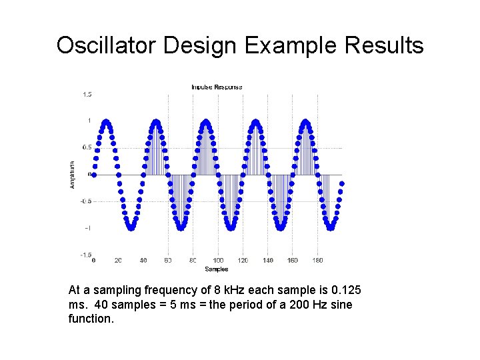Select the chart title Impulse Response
pyautogui.click(x=217, y=87)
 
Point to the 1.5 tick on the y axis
pyautogui.click(x=87, y=95)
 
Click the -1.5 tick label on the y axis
pyautogui.click(x=86, y=255)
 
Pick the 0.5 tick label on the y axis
pyautogui.click(x=87, y=147)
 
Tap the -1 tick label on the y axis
pyautogui.click(x=88, y=228)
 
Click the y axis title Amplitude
pyautogui.click(x=72, y=174)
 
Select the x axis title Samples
pyautogui.click(x=217, y=269)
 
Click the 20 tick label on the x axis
pyautogui.click(x=118, y=261)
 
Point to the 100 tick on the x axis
pyautogui.click(x=218, y=261)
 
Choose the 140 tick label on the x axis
pyautogui.click(x=268, y=261)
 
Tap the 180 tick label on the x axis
pyautogui.click(x=318, y=261)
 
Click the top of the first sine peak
pyautogui.click(x=106, y=121)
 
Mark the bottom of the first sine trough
pyautogui.click(x=131, y=228)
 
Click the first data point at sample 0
pyautogui.click(x=93, y=175)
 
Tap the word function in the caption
pyautogui.click(x=91, y=319)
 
